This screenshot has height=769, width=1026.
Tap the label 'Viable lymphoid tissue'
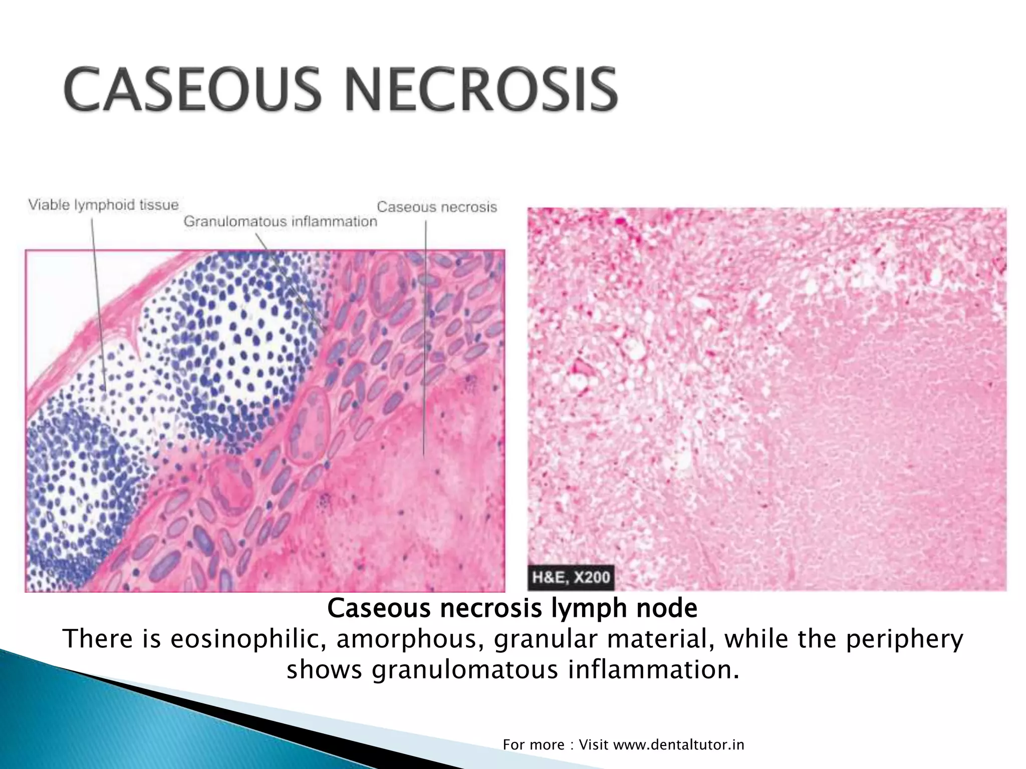pyautogui.click(x=103, y=205)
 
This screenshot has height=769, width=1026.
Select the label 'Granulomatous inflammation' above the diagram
pyautogui.click(x=280, y=221)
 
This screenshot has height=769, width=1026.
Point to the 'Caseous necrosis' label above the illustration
pyautogui.click(x=437, y=207)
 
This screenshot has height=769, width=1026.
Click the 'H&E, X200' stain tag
pyautogui.click(x=571, y=577)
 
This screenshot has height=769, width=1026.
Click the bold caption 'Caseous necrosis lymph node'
pyautogui.click(x=512, y=609)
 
